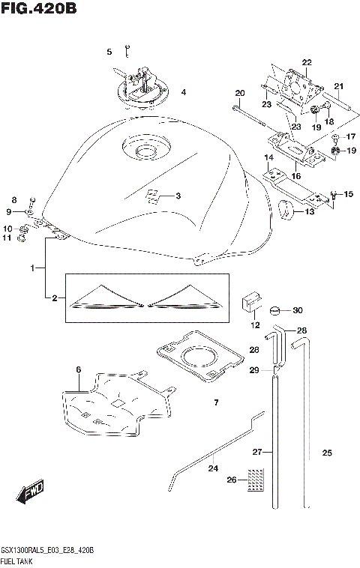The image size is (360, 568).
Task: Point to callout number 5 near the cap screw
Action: [x=109, y=52]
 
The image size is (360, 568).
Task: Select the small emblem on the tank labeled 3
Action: [x=152, y=197]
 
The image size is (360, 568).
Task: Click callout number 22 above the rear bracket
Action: [x=306, y=62]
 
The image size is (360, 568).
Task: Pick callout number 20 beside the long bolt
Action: [x=240, y=94]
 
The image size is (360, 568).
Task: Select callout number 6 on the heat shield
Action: [x=77, y=369]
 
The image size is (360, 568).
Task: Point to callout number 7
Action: [x=215, y=403]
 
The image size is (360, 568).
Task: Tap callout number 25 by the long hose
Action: [x=326, y=453]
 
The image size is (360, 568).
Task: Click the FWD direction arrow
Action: [x=31, y=492]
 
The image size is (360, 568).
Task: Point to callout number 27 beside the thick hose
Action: [x=257, y=452]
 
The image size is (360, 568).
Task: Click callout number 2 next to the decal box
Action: [x=54, y=298]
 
